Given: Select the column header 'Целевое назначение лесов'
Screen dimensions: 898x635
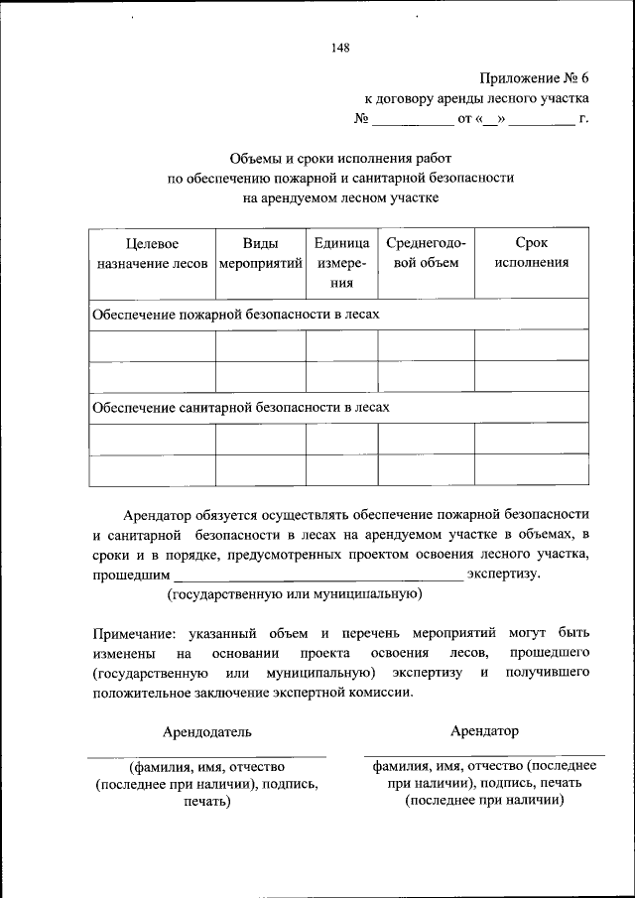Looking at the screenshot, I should [152, 253].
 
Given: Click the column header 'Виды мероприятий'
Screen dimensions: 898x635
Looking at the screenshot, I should [260, 253].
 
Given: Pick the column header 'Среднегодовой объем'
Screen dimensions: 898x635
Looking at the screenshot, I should [426, 253].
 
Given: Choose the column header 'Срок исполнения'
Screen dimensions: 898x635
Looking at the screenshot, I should [532, 253].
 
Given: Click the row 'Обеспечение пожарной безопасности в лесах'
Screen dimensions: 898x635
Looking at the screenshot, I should [236, 314].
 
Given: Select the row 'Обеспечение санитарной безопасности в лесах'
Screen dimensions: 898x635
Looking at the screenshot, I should [241, 408].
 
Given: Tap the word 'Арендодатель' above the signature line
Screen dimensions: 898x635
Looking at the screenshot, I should [207, 732].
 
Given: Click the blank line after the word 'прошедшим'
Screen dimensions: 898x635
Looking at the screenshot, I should [317, 577].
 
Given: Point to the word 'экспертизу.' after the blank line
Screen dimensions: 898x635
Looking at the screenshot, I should [504, 574].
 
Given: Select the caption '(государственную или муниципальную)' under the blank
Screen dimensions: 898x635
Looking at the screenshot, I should [294, 594].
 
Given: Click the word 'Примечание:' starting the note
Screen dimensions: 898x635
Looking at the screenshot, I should [134, 632].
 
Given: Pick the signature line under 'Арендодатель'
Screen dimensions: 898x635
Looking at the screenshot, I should [207, 757].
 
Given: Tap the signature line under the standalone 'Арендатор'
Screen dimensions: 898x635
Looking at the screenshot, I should [484, 756].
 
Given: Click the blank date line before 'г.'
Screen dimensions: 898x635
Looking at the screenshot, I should [543, 124].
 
